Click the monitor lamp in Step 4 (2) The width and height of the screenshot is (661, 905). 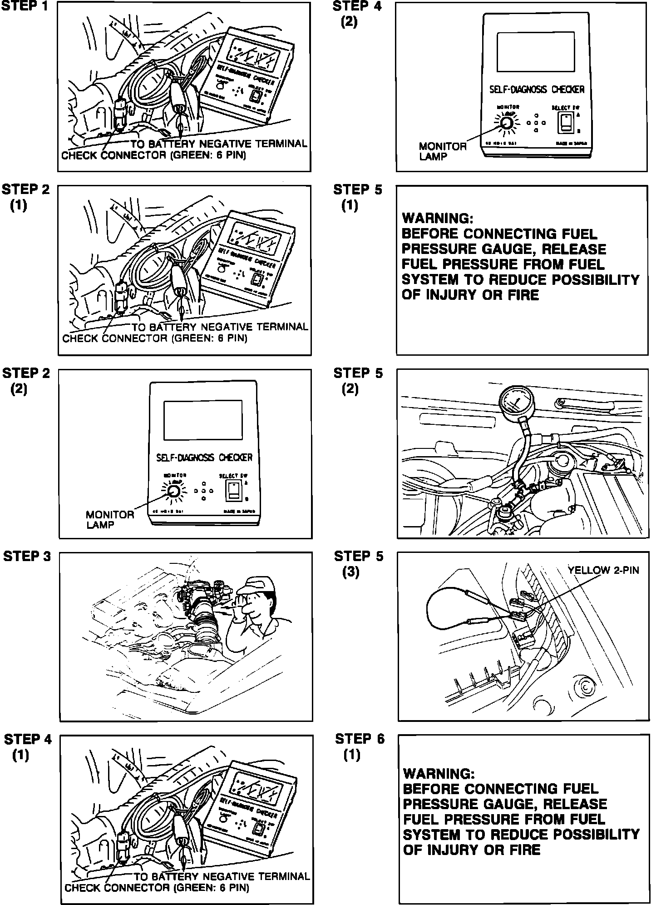(x=507, y=123)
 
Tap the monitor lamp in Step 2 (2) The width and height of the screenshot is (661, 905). (x=173, y=491)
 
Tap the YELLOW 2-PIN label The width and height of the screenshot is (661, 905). (x=603, y=570)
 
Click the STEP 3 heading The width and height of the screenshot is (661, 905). (x=27, y=557)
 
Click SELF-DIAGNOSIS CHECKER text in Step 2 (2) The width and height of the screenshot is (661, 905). (x=204, y=457)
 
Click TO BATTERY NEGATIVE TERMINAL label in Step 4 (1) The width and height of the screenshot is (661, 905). (x=222, y=876)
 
